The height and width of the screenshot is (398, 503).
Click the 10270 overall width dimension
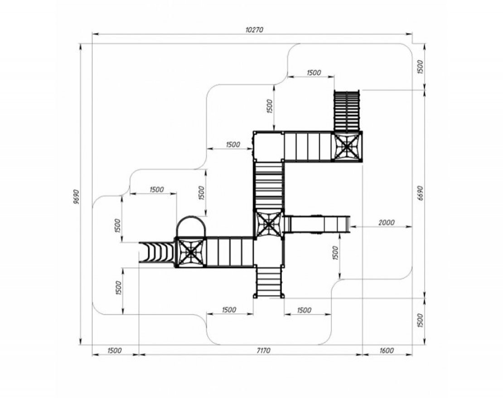pyautogui.click(x=254, y=29)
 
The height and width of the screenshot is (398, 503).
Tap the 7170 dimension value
pyautogui.click(x=264, y=350)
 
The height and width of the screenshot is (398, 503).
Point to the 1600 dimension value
pyautogui.click(x=387, y=350)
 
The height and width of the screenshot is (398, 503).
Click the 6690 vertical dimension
pyautogui.click(x=421, y=193)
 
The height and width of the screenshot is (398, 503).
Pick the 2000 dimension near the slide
pyautogui.click(x=386, y=222)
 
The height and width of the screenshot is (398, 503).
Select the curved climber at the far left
pyautogui.click(x=157, y=253)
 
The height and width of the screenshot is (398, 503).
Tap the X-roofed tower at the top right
pyautogui.click(x=347, y=146)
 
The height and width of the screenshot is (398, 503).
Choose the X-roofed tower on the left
pyautogui.click(x=190, y=252)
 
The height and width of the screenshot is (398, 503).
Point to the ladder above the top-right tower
pyautogui.click(x=347, y=110)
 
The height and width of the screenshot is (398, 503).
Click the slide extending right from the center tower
pyautogui.click(x=317, y=224)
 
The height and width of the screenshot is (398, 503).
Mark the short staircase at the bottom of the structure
pyautogui.click(x=269, y=282)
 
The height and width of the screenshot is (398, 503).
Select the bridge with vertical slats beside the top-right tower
pyautogui.click(x=308, y=146)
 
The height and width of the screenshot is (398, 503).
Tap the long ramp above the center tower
pyautogui.click(x=269, y=185)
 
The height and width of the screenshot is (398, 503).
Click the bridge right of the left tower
pyautogui.click(x=230, y=252)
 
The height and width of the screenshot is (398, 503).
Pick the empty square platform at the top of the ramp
pyautogui.click(x=268, y=146)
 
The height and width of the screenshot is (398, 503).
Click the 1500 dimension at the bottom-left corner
pyautogui.click(x=114, y=350)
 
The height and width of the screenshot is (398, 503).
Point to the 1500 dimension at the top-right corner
pyautogui.click(x=421, y=67)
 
